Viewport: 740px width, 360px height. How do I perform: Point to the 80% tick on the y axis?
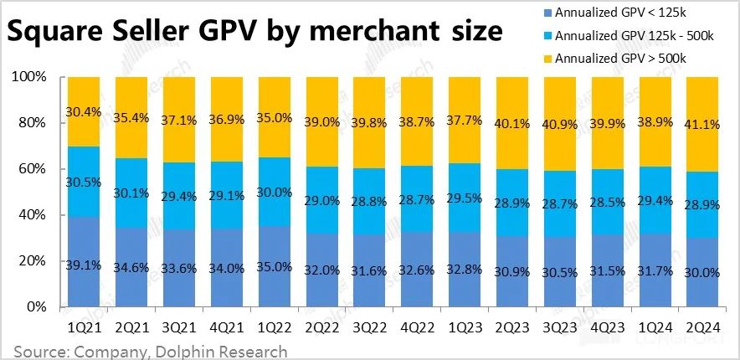pos(42,123)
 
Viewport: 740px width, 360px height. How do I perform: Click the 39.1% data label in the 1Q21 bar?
pos(85,265)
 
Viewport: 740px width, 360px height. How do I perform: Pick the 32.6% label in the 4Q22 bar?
pos(418,270)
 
